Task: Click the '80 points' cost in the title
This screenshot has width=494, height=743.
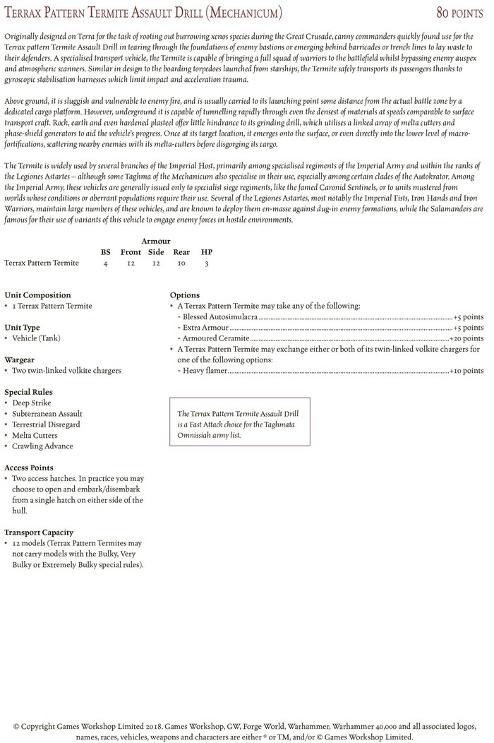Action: [x=459, y=13]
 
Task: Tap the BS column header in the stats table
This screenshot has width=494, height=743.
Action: [x=105, y=251]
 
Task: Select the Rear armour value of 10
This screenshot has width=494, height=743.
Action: [x=181, y=263]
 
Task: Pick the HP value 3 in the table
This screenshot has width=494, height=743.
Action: [x=206, y=263]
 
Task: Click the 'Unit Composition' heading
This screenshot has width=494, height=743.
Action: [x=37, y=295]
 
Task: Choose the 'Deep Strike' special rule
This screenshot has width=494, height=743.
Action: [x=32, y=403]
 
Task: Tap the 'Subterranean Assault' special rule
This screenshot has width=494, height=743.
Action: [x=47, y=414]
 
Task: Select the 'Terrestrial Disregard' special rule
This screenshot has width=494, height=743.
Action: [x=46, y=424]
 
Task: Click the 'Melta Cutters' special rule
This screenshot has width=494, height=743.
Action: [x=36, y=435]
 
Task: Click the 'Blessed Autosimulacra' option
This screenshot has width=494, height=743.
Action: [x=219, y=317]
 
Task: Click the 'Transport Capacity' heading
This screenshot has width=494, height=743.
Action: [x=39, y=533]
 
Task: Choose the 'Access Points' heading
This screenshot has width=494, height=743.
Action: [x=29, y=468]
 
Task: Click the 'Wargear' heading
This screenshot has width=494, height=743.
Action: [x=20, y=359]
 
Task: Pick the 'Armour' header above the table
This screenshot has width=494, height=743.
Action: [x=155, y=241]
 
